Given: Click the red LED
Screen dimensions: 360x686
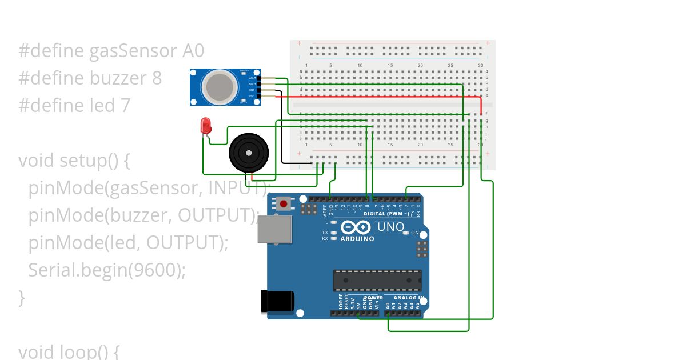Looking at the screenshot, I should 205,126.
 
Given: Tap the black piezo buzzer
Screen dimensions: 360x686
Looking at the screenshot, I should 248,153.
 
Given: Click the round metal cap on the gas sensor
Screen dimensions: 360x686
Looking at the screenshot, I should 220,86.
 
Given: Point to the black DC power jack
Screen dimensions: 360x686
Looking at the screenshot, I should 277,301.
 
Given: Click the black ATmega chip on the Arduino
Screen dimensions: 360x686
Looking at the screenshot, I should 377,280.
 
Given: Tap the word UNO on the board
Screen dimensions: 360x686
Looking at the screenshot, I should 391,227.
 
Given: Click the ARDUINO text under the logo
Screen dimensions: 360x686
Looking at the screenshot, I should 357,239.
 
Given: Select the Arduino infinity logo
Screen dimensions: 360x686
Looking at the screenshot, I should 357,227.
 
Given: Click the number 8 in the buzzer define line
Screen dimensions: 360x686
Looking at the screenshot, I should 157,78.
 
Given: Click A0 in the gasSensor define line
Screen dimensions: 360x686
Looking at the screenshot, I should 193,51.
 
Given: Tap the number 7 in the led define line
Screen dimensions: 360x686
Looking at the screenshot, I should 125,105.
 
